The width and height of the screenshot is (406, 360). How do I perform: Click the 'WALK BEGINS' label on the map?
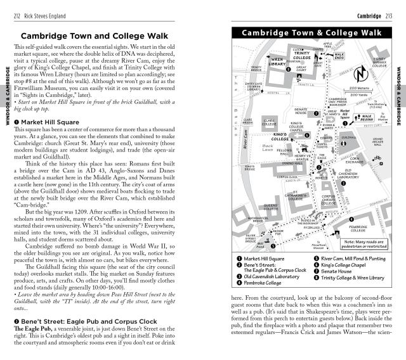366,117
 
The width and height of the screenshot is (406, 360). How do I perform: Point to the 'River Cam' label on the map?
245,136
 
